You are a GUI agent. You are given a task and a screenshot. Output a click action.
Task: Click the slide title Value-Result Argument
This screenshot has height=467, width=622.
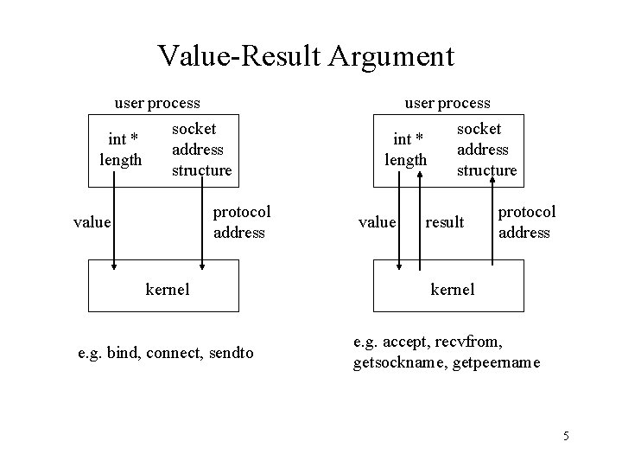pos(306,57)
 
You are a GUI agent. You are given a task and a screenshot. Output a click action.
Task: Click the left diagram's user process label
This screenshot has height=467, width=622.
pos(157,103)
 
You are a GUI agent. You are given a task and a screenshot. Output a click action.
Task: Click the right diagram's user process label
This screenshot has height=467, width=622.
pos(447,103)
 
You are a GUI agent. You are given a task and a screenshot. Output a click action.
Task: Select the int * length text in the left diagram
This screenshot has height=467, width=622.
pos(121,149)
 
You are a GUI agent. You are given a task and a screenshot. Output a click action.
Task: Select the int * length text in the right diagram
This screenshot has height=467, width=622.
pos(406,149)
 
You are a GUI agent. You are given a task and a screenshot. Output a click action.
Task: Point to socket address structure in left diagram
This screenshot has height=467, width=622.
pos(202,149)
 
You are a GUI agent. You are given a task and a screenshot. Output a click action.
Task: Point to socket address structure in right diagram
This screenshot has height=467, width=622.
pos(486,149)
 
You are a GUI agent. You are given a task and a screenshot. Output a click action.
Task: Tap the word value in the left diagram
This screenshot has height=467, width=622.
pos(92,222)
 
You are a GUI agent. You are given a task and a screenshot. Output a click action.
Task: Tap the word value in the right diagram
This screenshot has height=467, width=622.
pos(377,222)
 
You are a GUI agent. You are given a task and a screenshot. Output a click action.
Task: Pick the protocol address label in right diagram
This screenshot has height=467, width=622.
pos(527,221)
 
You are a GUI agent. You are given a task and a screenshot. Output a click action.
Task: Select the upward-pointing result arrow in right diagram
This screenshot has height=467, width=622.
pos(419,216)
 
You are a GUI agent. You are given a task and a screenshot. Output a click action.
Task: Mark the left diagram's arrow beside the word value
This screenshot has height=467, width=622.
pos(113,222)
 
